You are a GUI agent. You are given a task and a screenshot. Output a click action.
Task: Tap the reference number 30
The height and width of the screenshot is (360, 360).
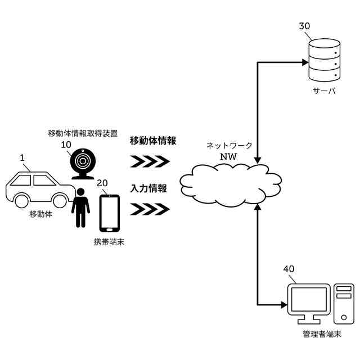pyautogui.click(x=304, y=26)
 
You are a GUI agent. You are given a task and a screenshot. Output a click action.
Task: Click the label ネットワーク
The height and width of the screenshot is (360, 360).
pyautogui.click(x=228, y=145)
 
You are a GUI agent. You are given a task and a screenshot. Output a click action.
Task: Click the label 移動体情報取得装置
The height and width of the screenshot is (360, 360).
pyautogui.click(x=83, y=133)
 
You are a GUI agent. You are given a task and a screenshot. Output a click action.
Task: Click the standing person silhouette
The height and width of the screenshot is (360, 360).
pyautogui.click(x=81, y=209)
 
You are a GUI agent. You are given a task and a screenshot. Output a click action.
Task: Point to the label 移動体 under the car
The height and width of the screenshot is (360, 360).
pyautogui.click(x=41, y=214)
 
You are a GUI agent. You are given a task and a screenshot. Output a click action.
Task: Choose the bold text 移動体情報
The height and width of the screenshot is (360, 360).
pyautogui.click(x=153, y=141)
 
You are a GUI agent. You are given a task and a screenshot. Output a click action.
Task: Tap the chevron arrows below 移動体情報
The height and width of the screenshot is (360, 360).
pyautogui.click(x=150, y=162)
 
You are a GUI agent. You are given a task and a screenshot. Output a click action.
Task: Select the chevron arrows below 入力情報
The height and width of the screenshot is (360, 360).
pyautogui.click(x=150, y=210)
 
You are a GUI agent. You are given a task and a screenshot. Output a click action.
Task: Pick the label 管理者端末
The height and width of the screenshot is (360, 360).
pyautogui.click(x=321, y=334)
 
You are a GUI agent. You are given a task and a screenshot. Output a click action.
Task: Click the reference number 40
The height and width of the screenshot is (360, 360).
pyautogui.click(x=289, y=269)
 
